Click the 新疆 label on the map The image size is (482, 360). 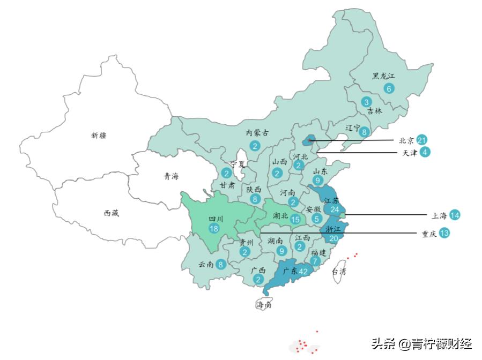point(99,136)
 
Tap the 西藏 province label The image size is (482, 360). point(111,213)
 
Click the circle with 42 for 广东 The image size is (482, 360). point(303,272)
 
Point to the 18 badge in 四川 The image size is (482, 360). point(214,229)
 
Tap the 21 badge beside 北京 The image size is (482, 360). point(422,140)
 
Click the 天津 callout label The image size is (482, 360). point(410,153)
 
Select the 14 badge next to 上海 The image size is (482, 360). point(455,215)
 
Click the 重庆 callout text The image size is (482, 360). point(427,234)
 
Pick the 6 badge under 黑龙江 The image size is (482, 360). point(388,88)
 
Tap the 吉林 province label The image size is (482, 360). point(375,111)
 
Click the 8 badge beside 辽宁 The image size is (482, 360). point(364,132)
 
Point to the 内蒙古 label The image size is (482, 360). point(257,132)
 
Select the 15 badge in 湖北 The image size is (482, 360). point(295,219)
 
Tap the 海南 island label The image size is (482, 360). point(263,305)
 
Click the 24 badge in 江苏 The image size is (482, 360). point(335,209)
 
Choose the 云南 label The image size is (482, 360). point(206,264)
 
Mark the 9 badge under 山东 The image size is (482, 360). point(317,181)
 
